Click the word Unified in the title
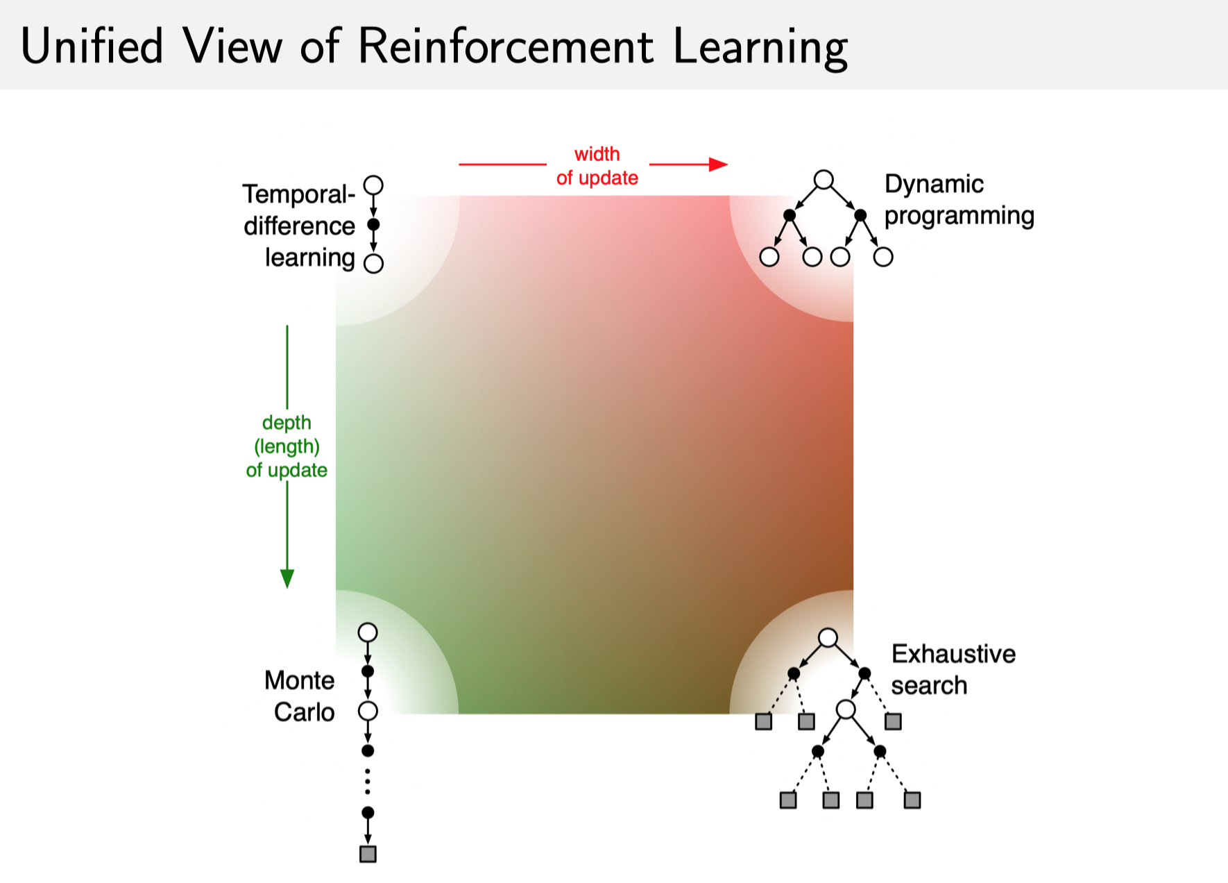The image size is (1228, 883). pyautogui.click(x=92, y=47)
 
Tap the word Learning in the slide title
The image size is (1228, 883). pyautogui.click(x=760, y=48)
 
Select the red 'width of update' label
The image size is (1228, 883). pyautogui.click(x=597, y=166)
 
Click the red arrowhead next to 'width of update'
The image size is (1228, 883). pyautogui.click(x=719, y=165)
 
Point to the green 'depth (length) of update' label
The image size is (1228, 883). pyautogui.click(x=287, y=446)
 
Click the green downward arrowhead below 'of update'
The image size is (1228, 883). pyautogui.click(x=287, y=578)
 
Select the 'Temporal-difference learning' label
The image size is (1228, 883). pyautogui.click(x=299, y=226)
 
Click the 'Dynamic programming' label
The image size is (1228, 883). pyautogui.click(x=959, y=199)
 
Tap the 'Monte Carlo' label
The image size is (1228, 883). pyautogui.click(x=300, y=696)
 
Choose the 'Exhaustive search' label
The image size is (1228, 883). pyautogui.click(x=953, y=669)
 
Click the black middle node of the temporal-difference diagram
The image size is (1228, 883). pyautogui.click(x=373, y=224)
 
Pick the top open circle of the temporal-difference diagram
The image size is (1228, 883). pyautogui.click(x=373, y=185)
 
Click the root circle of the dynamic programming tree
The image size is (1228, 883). pyautogui.click(x=824, y=180)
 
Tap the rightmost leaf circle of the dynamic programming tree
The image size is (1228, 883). pyautogui.click(x=882, y=257)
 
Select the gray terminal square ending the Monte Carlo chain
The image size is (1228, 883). pyautogui.click(x=368, y=854)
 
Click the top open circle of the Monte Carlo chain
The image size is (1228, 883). pyautogui.click(x=368, y=632)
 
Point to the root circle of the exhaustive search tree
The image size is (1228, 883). pyautogui.click(x=828, y=638)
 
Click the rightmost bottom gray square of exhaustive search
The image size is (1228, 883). pyautogui.click(x=912, y=800)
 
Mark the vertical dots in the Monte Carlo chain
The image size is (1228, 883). pyautogui.click(x=368, y=782)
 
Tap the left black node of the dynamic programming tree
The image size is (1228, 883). pyautogui.click(x=790, y=215)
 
